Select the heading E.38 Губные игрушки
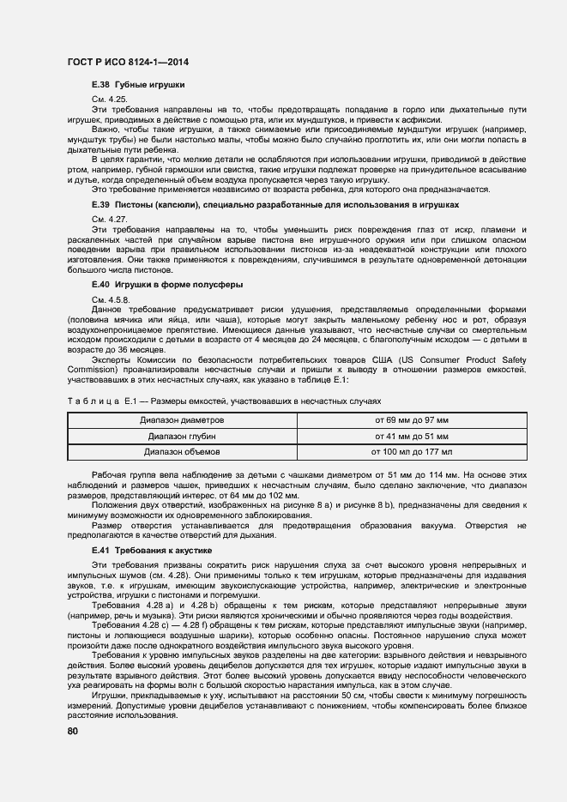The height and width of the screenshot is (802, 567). (138, 86)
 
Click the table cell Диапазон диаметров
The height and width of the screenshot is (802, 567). (182, 420)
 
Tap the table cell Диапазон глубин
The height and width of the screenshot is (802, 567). (182, 436)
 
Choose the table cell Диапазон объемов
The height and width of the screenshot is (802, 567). (182, 450)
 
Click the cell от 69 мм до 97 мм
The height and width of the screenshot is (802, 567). (412, 420)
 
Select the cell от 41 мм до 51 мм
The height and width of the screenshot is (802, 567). (412, 436)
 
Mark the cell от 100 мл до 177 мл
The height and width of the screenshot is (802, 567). (412, 450)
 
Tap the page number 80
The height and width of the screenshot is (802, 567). (73, 731)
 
